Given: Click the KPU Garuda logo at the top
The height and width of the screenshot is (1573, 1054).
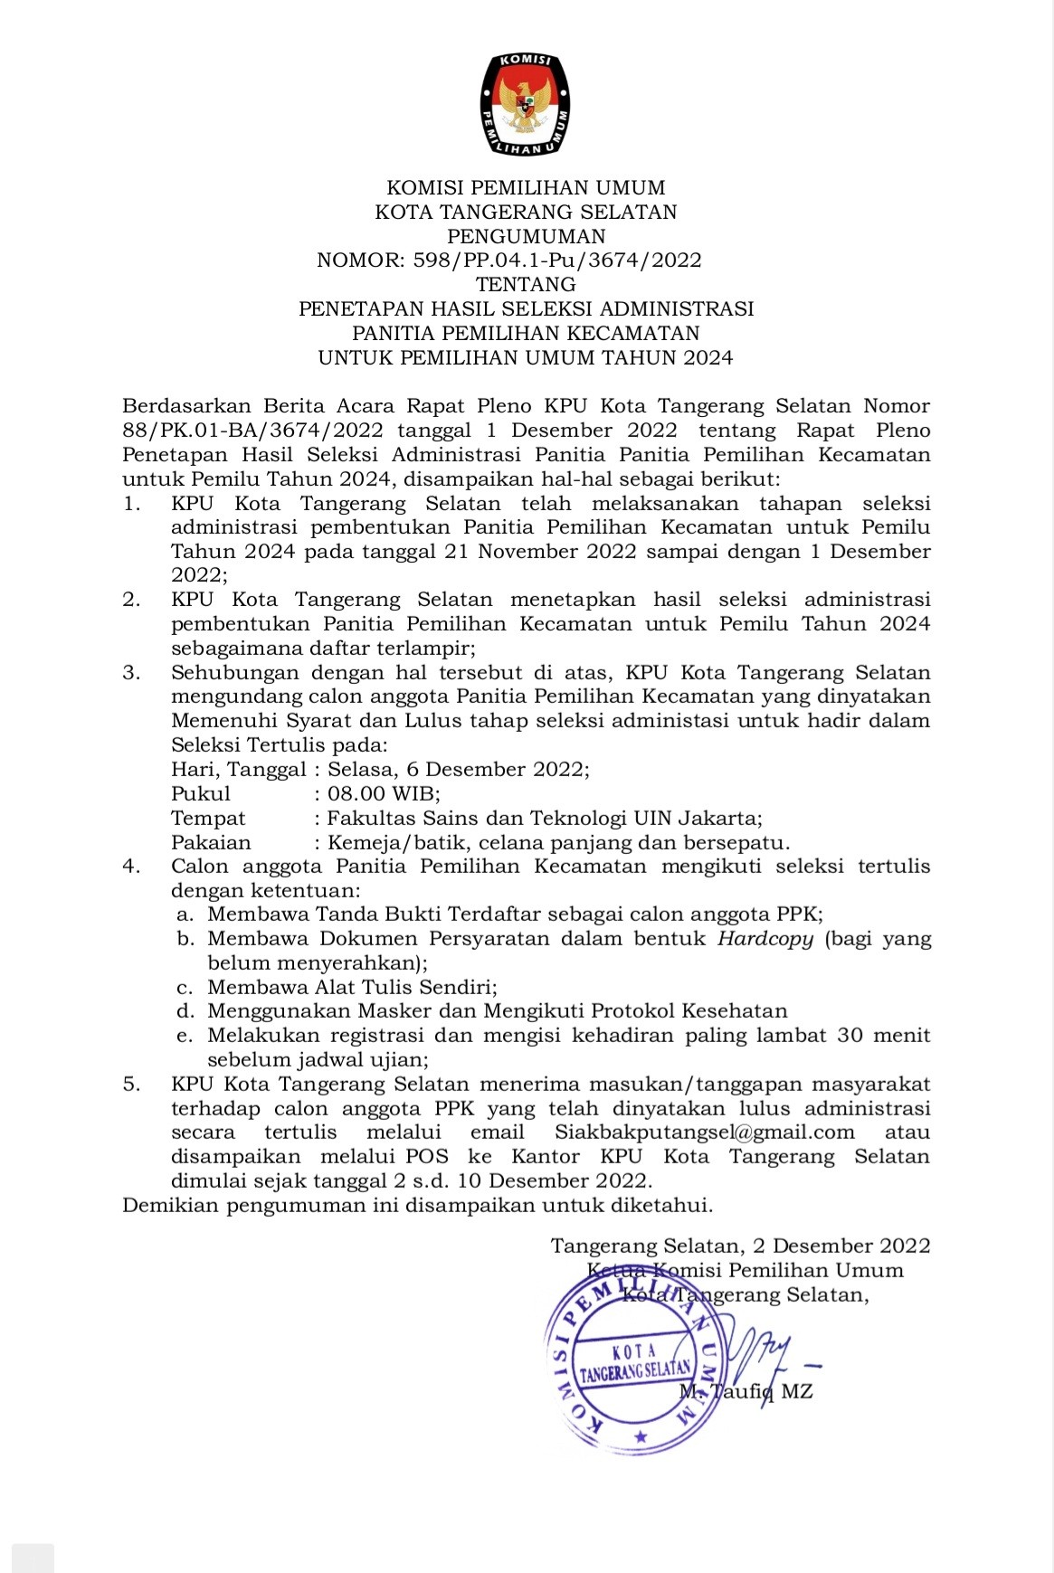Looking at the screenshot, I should point(526,103).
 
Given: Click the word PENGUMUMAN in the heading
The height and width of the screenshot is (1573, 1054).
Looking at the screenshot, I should point(527,236).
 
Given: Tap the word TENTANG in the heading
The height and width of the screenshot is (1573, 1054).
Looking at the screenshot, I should point(526,284).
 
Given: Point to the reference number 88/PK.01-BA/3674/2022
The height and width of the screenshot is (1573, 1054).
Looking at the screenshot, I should point(252,431).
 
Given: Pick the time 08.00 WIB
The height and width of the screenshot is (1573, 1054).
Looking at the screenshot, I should point(383,794).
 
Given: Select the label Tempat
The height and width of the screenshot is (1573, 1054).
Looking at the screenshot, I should point(208,819).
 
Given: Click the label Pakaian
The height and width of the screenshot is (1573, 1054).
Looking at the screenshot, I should point(211,843).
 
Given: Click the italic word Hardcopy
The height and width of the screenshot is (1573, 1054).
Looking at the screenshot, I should point(765,939).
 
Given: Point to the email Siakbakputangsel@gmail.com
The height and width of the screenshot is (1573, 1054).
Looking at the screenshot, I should point(705,1132).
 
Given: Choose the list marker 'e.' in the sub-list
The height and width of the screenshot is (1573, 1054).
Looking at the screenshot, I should point(185,1036).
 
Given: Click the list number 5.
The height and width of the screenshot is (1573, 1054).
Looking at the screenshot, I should point(131,1084).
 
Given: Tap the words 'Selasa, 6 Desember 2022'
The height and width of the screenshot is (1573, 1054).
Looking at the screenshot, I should point(457,770).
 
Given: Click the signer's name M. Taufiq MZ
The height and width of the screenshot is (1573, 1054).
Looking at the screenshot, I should point(747,1391).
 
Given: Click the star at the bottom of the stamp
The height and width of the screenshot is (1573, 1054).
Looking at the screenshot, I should point(641,1436).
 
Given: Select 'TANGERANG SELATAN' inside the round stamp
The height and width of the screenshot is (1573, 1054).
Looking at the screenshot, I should point(636,1371).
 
